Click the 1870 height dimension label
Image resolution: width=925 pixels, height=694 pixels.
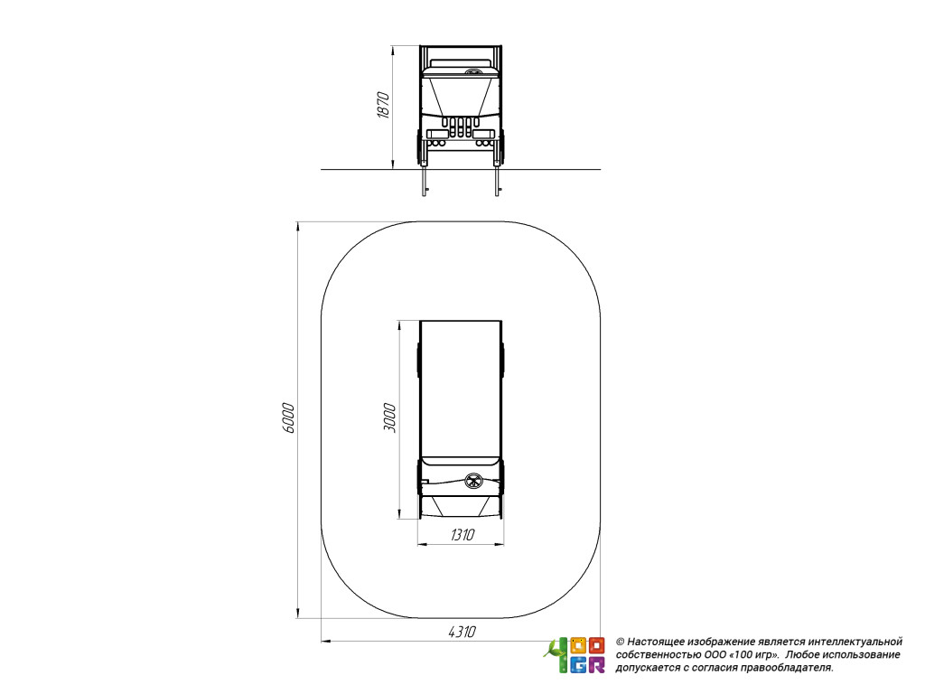coord(383,105)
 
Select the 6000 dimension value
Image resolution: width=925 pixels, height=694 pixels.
coord(288,417)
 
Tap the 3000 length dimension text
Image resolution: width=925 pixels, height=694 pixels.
coord(389,417)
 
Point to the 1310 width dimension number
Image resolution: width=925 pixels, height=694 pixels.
coord(462,535)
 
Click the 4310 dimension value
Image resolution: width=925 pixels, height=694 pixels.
coord(462,632)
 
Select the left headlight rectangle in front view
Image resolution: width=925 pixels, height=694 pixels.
coord(438,134)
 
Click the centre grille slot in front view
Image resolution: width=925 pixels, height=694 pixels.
coord(461,127)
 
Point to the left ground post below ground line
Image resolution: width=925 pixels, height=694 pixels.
coord(425,183)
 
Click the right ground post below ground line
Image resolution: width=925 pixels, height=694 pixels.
coord(498,183)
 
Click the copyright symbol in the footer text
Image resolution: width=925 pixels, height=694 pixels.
coord(620,642)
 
